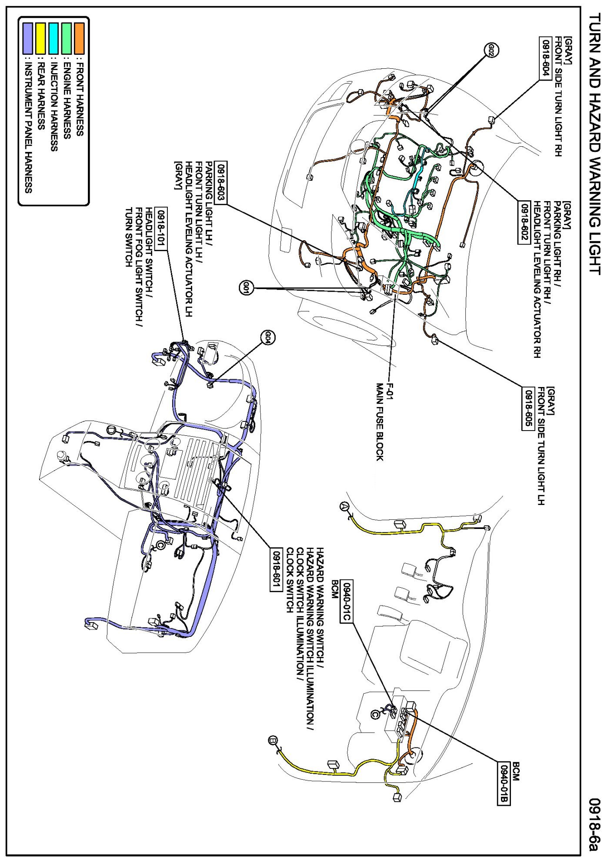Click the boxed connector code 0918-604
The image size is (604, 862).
tap(546, 58)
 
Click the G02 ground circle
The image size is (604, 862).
tap(491, 50)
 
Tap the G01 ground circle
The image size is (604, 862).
tap(246, 287)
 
